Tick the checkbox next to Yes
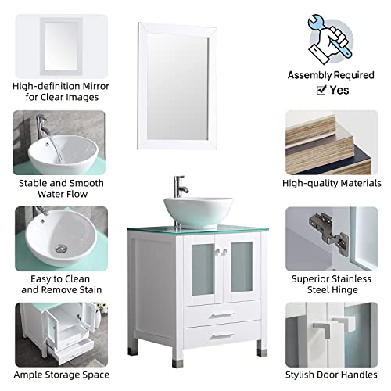click(321, 90)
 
